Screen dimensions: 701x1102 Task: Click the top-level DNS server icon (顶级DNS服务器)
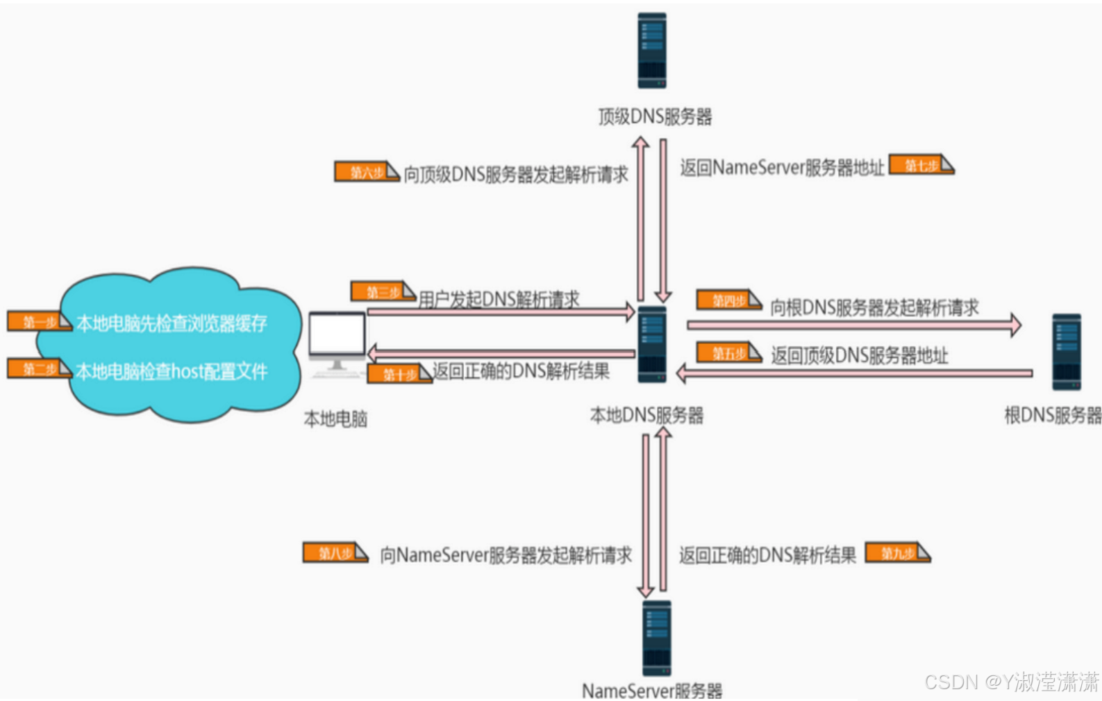pos(652,51)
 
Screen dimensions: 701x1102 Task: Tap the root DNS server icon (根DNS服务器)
pos(1066,352)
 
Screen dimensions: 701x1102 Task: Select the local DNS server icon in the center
pos(652,344)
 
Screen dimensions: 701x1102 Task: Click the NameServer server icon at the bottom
pos(656,638)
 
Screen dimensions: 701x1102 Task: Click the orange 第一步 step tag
pos(39,321)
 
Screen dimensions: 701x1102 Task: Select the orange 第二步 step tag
pos(39,369)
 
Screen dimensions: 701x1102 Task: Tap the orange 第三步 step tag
pos(383,292)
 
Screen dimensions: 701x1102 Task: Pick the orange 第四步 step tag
pos(728,301)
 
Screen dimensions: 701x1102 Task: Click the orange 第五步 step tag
pos(728,353)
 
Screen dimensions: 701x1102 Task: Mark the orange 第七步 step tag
pos(921,165)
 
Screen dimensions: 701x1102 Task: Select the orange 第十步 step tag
pos(399,374)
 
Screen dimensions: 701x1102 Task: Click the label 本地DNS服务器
pos(646,415)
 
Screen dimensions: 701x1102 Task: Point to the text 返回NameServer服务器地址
pos(782,167)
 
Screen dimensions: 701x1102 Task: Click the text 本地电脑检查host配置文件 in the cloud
pos(171,371)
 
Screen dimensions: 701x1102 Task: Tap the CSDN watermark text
pos(1011,682)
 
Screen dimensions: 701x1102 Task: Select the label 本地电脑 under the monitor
pos(335,419)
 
